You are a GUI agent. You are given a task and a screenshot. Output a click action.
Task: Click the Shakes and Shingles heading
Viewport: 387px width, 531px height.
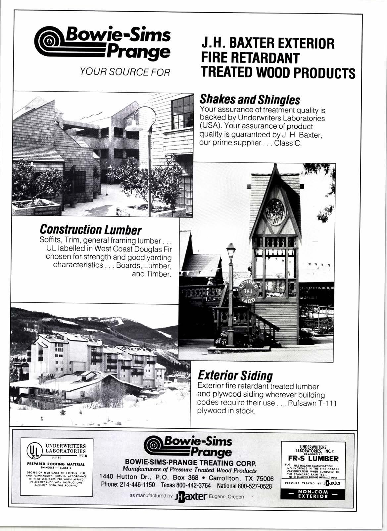pyautogui.click(x=250, y=99)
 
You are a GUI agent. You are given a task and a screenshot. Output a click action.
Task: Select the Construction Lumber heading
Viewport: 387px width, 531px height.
pyautogui.click(x=90, y=229)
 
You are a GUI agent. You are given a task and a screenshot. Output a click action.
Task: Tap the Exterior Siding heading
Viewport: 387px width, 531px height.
pyautogui.click(x=235, y=376)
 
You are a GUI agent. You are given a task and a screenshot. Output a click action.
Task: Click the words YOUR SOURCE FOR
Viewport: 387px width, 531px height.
pyautogui.click(x=123, y=71)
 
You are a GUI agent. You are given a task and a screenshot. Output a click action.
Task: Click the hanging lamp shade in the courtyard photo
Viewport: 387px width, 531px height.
pyautogui.click(x=133, y=126)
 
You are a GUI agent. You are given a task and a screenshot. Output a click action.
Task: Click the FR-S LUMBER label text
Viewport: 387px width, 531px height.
pyautogui.click(x=313, y=459)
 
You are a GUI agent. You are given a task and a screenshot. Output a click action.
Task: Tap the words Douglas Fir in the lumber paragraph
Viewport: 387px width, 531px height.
pyautogui.click(x=152, y=248)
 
